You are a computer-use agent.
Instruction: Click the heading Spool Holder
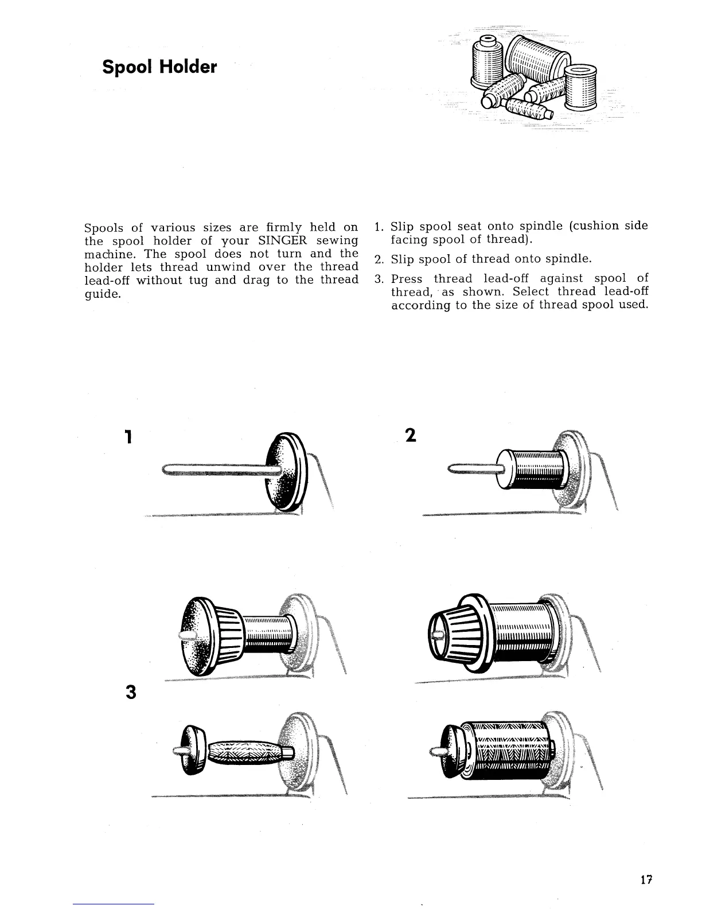pos(159,67)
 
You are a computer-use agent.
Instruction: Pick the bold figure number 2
pos(410,436)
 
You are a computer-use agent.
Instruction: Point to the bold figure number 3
pos(131,693)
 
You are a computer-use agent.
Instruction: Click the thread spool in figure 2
pos(536,469)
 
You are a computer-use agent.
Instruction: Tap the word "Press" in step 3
pos(407,278)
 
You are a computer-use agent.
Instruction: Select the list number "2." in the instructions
pos(379,259)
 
